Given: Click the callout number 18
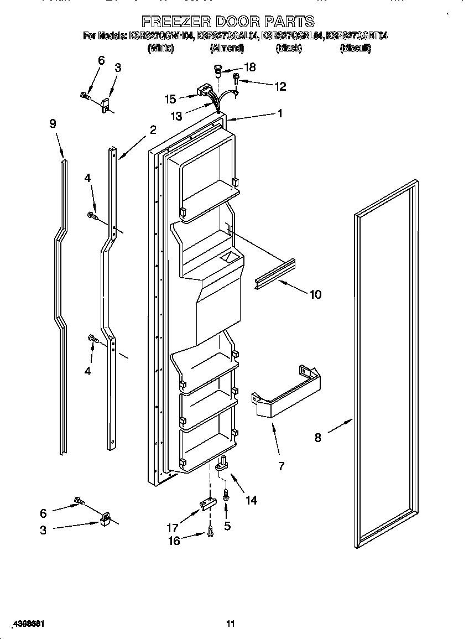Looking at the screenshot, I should pos(250,67).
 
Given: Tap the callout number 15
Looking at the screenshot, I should pos(170,99).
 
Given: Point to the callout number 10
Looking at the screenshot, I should pos(315,294).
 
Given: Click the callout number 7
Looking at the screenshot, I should pos(281,466).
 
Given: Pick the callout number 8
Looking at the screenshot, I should pos(317,438).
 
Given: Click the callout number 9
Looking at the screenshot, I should pos(53,124).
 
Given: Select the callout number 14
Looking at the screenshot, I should pos(251,500).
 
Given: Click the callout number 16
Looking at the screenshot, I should pos(174,541).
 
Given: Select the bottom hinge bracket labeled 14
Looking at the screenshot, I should pos(222,462).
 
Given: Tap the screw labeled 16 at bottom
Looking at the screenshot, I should pos(210,532).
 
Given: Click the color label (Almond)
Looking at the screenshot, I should pos(227,49).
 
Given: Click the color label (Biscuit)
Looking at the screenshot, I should pos(356,49).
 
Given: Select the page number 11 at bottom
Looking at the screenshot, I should pos(231,624).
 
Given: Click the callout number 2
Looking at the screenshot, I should pos(153,131).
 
